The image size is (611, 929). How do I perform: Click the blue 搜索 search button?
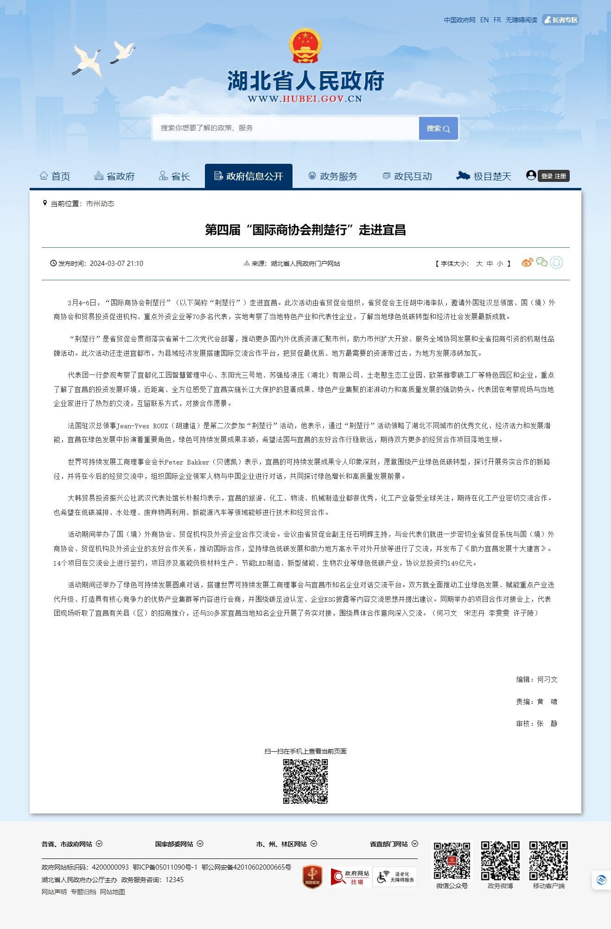tap(438, 129)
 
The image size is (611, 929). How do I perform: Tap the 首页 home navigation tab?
tap(55, 176)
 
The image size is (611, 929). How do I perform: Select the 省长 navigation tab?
tap(174, 176)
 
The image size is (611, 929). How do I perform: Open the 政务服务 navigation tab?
tap(333, 176)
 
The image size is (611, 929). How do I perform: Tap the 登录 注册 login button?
tap(554, 176)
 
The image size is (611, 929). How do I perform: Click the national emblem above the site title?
tap(305, 46)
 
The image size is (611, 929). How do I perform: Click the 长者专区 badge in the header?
tap(560, 20)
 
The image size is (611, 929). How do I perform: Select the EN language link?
tap(484, 20)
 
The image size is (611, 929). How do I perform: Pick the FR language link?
tap(497, 20)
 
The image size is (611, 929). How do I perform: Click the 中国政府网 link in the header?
tap(459, 20)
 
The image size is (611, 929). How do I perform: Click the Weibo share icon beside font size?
tap(527, 263)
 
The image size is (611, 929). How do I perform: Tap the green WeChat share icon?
tap(541, 262)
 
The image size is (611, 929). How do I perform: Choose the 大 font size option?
tap(479, 264)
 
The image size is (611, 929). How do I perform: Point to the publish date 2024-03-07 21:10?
tap(116, 264)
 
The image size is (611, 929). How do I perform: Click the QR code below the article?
tap(305, 781)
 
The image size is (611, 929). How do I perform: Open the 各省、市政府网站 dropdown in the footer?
tap(72, 844)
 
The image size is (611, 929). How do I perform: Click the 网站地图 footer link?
tap(113, 892)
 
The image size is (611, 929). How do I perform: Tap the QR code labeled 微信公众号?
tap(452, 861)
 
